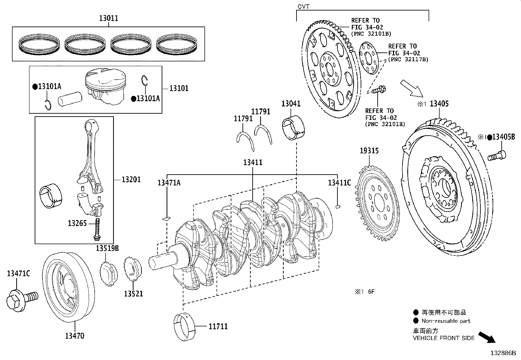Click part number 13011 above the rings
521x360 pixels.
(x=109, y=18)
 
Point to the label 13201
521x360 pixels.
(x=131, y=179)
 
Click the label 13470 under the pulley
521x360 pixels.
(x=74, y=336)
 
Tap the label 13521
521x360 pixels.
(x=133, y=294)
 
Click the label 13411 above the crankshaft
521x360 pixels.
(x=253, y=162)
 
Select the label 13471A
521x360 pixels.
(x=169, y=183)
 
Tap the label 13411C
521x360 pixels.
(x=339, y=183)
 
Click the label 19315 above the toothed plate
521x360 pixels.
(x=369, y=151)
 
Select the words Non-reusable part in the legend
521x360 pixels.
(x=446, y=321)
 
